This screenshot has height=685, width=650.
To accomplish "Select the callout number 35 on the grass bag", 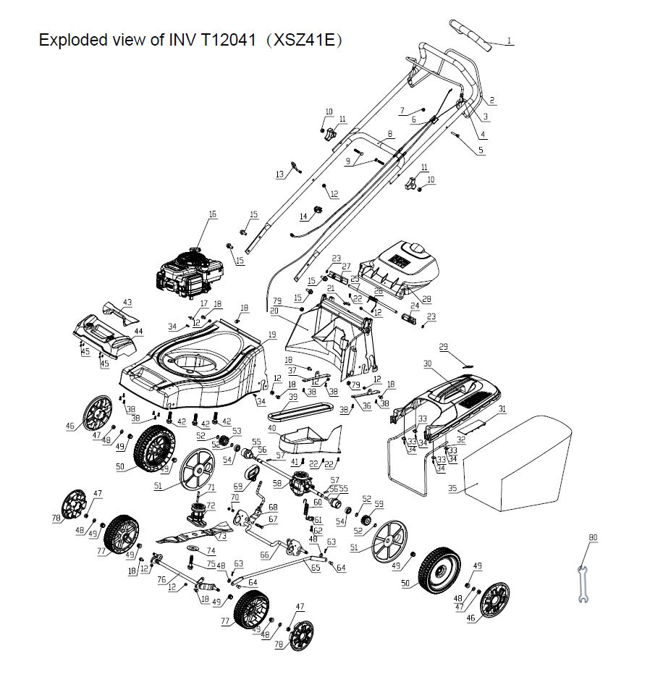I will click(452, 489).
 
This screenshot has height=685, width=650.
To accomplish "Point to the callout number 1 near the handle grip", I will click(509, 41).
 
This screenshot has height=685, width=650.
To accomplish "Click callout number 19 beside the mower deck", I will click(272, 334).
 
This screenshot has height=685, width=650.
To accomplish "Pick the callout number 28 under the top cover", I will click(426, 298).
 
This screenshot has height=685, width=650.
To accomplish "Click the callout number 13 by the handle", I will click(279, 175).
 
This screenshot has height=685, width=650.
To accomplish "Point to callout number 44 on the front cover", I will click(138, 331).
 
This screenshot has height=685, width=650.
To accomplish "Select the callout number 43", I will click(127, 302).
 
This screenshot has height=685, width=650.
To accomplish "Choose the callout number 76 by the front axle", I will click(162, 579).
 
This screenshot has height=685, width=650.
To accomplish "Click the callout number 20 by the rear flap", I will click(274, 311).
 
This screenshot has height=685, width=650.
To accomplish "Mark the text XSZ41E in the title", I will click(304, 40).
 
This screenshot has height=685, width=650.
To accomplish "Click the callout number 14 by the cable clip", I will click(303, 216).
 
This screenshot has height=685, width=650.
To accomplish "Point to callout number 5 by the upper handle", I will click(481, 151).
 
